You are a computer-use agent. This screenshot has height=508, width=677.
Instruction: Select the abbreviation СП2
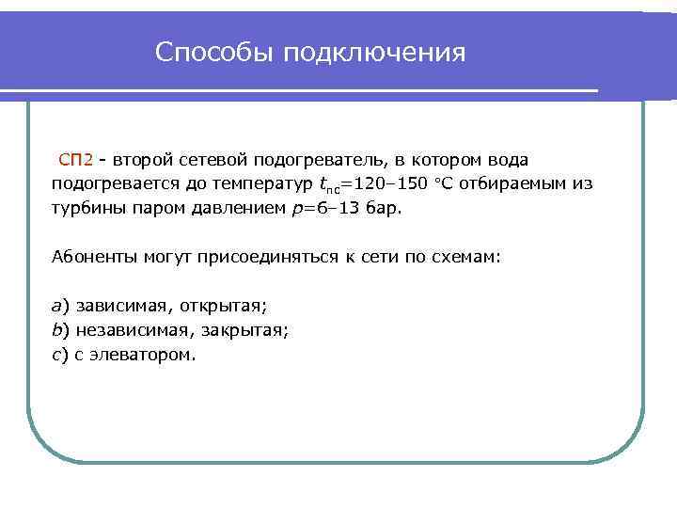coord(75,160)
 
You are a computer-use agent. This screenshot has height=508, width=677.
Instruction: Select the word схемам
coord(470,257)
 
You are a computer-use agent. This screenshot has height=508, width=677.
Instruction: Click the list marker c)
coord(59,356)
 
